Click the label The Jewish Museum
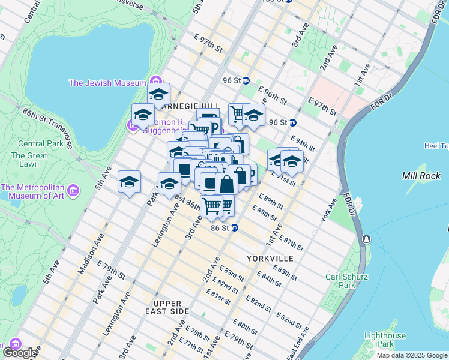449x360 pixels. (x=108, y=83)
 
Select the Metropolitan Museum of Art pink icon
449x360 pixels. (x=73, y=191)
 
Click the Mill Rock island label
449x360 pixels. (x=418, y=176)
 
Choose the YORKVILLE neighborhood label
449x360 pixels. (x=270, y=258)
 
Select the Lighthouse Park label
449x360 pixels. (x=384, y=340)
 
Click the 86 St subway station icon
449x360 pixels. (x=235, y=228)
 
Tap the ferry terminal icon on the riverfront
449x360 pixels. (x=366, y=239)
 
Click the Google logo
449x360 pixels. (x=20, y=353)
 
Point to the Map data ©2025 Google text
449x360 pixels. (x=412, y=355)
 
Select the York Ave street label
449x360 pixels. (x=329, y=209)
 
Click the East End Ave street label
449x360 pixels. (x=298, y=342)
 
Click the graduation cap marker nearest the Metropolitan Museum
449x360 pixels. (x=129, y=182)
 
